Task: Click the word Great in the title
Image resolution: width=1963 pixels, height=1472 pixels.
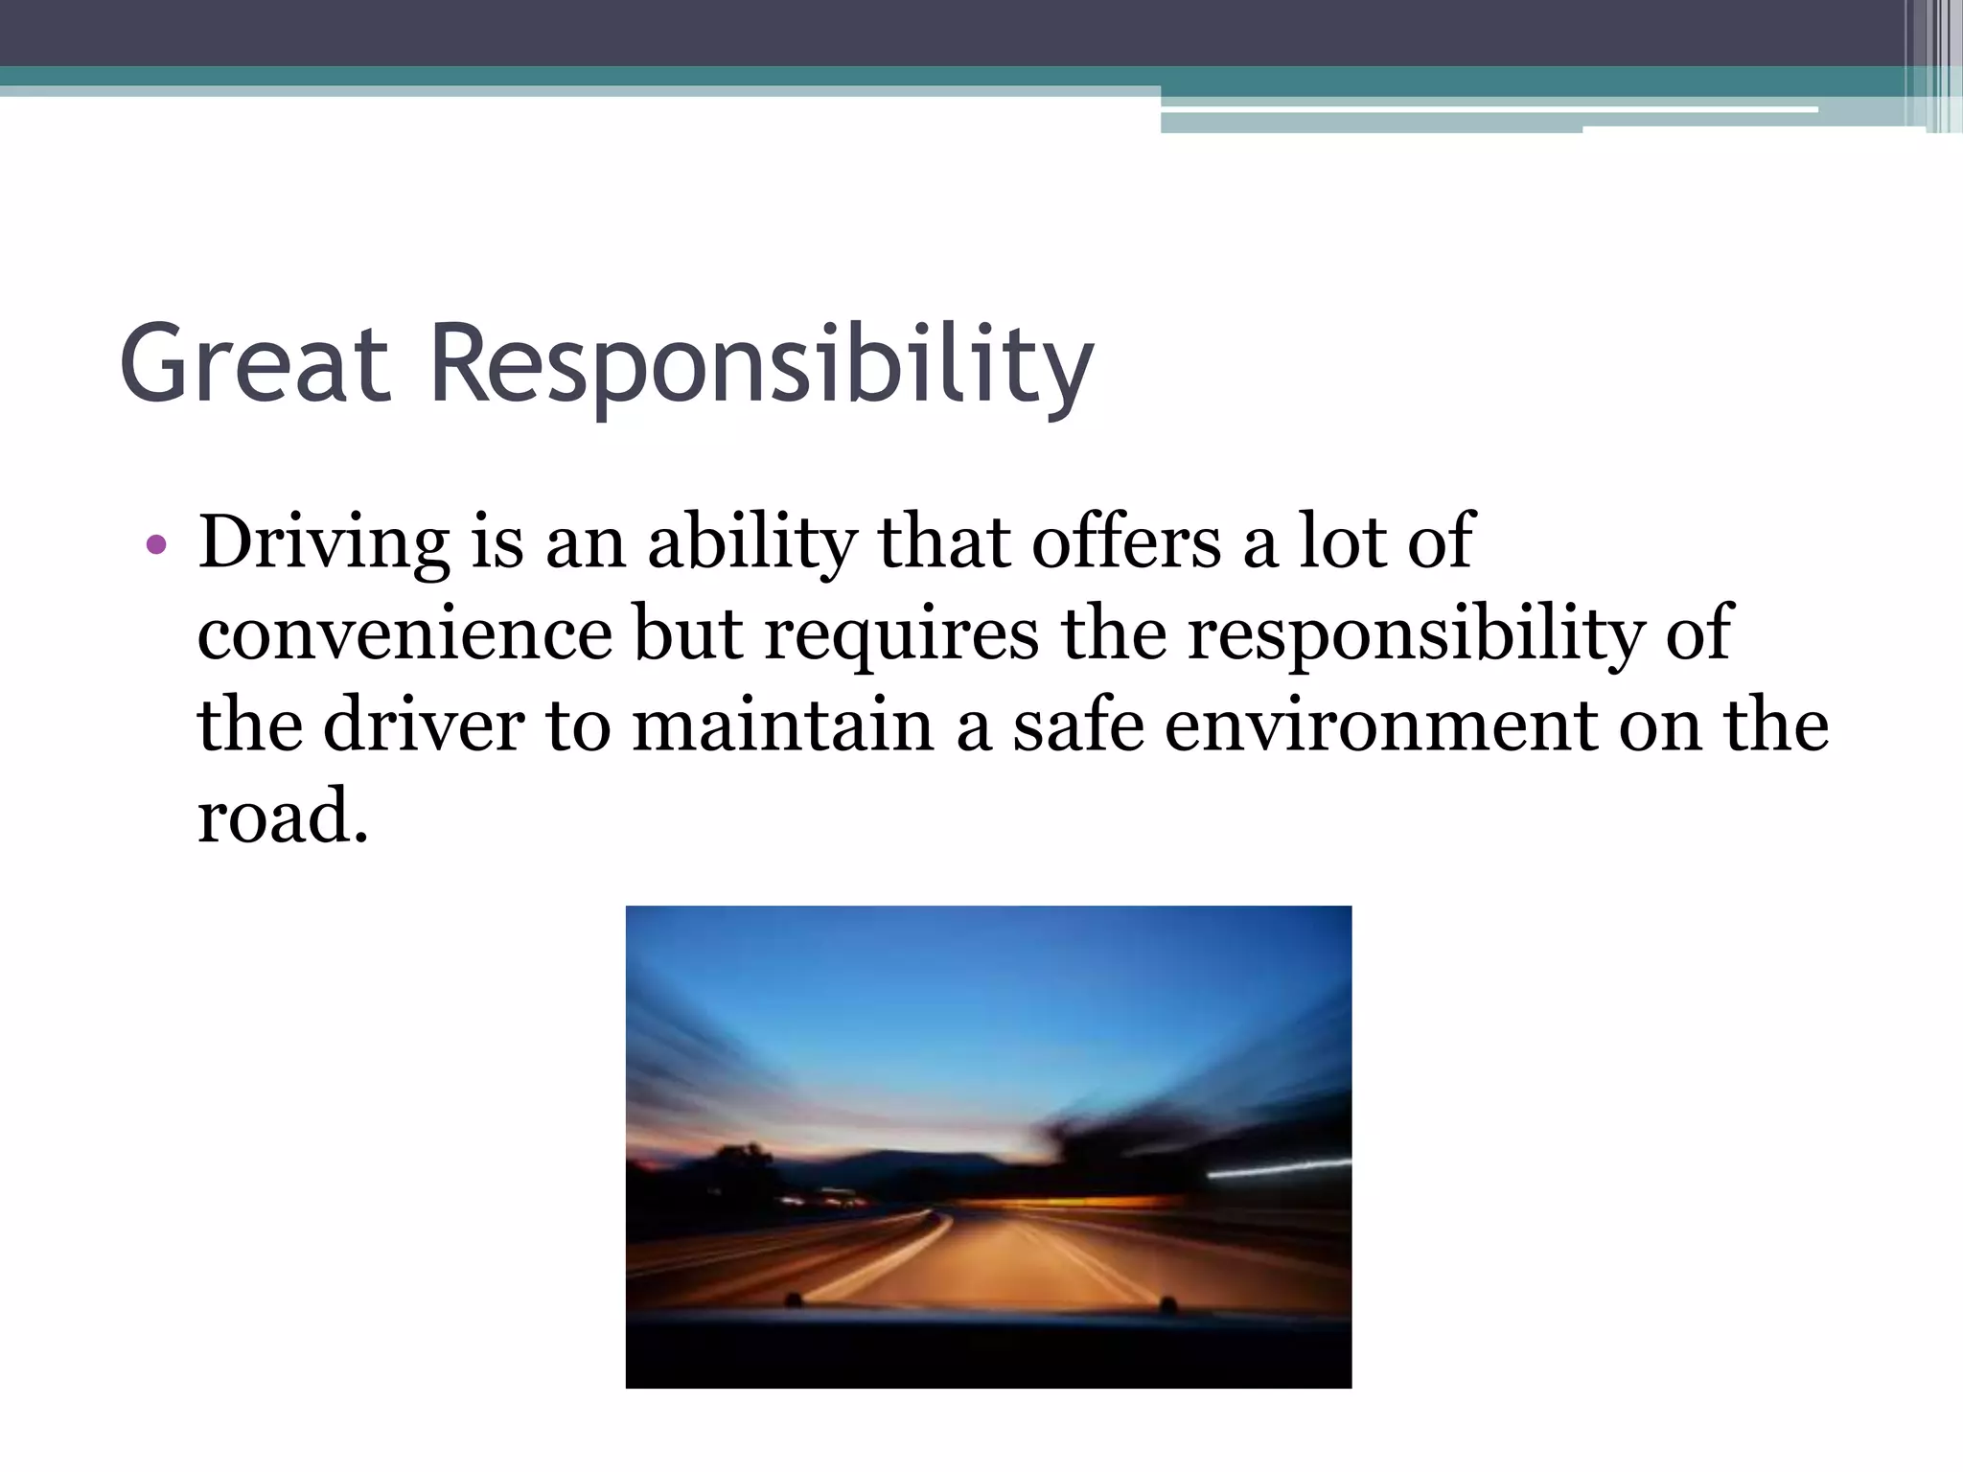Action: coord(255,364)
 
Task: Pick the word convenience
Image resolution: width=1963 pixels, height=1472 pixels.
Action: coord(404,634)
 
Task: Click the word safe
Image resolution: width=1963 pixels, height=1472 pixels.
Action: coord(1078,726)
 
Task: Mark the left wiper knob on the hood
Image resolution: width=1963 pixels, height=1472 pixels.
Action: coord(794,1299)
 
